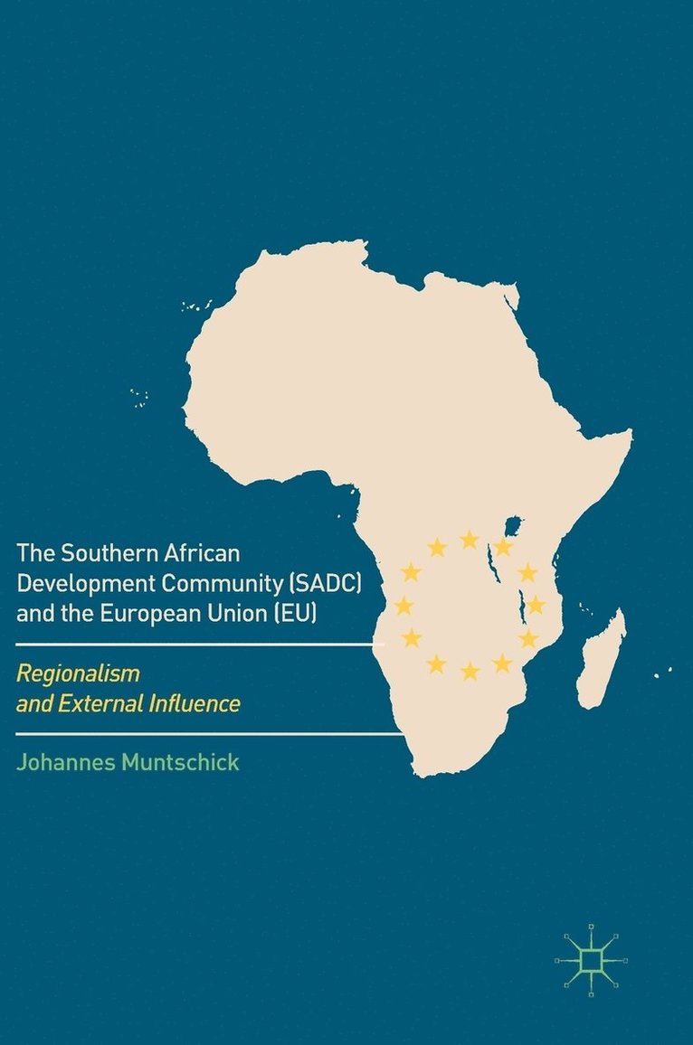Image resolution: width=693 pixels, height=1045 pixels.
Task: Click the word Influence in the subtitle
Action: pyautogui.click(x=195, y=703)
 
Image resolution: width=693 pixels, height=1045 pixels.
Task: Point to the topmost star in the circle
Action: pyautogui.click(x=469, y=540)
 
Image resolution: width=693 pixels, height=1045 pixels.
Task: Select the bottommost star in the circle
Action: pyautogui.click(x=470, y=671)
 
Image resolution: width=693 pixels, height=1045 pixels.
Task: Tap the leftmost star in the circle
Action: pyautogui.click(x=403, y=606)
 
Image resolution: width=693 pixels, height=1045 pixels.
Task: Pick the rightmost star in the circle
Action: pyautogui.click(x=536, y=605)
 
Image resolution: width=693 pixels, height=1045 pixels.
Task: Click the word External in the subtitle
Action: pyautogui.click(x=99, y=703)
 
